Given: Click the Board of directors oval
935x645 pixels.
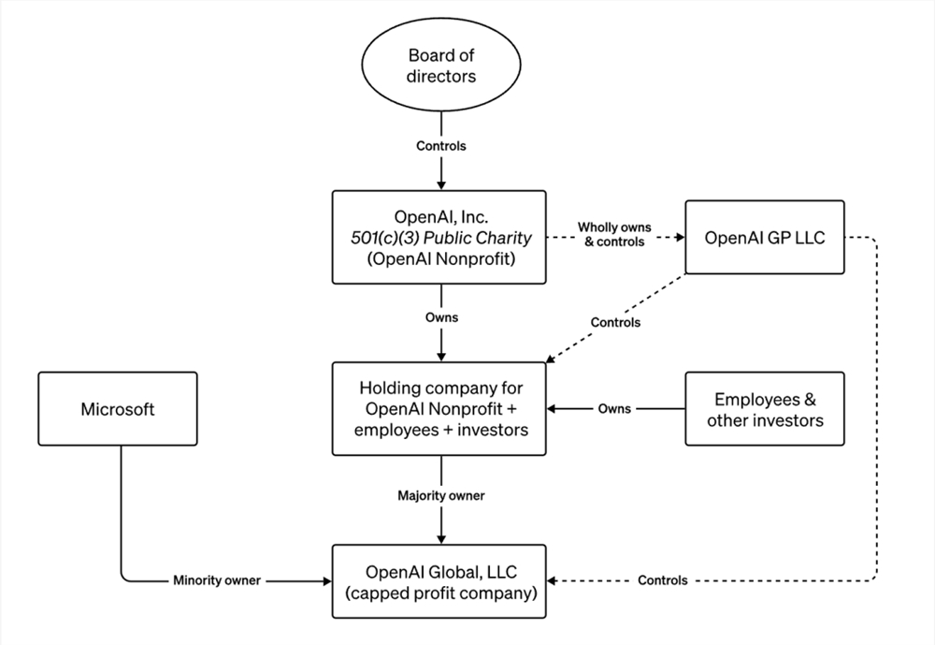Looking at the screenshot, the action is (x=441, y=64).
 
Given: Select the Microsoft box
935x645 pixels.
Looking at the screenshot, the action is (x=118, y=409).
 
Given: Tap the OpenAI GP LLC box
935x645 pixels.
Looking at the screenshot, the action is (x=765, y=237).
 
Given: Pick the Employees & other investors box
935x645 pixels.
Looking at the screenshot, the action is (x=765, y=409).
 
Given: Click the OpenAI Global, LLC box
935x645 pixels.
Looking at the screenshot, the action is (x=439, y=581).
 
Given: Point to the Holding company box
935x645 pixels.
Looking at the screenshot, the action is (x=439, y=409).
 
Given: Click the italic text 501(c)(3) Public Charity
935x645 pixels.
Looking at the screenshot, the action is (x=440, y=238).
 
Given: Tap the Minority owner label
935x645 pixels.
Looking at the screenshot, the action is (x=217, y=580).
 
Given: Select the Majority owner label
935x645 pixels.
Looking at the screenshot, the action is (x=441, y=496).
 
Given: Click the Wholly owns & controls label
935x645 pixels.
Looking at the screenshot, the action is (x=614, y=235).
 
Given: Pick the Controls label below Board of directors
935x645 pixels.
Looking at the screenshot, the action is (x=441, y=146).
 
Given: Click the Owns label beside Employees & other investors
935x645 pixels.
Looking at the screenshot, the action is (x=614, y=409).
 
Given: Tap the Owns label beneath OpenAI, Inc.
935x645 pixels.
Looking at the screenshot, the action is (x=441, y=317).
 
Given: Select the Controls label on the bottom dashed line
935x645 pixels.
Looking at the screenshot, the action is (x=663, y=580).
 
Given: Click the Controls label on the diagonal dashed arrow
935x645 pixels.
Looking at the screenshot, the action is (x=615, y=322).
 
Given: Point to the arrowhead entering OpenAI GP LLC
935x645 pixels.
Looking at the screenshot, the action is (x=681, y=237).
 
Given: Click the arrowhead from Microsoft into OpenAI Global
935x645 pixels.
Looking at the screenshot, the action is (x=327, y=581).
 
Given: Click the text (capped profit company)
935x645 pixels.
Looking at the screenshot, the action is (x=441, y=594).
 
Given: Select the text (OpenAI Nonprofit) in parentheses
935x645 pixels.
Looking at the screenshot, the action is (x=441, y=259).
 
